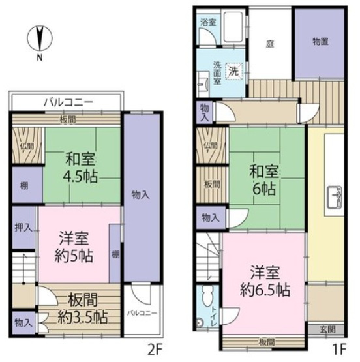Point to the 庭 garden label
coord(269,45)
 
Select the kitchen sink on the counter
coord(337,194)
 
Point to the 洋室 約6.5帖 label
coord(264,279)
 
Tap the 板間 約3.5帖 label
coord(82,309)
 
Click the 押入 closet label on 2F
coord(23,230)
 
